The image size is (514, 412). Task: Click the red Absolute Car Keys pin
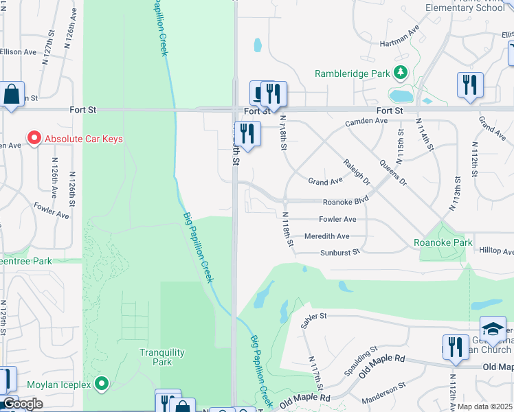click(34, 139)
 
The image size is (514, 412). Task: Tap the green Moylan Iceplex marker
click(102, 384)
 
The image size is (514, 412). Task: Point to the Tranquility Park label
click(162, 357)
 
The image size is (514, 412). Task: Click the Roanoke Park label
click(443, 242)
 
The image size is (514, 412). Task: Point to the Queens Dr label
click(394, 174)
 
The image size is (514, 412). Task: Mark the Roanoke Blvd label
click(346, 202)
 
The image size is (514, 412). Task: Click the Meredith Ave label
click(327, 236)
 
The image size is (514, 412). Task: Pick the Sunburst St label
click(339, 253)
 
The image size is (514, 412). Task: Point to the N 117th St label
click(313, 371)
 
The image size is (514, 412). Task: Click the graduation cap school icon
click(493, 329)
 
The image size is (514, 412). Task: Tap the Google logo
click(22, 404)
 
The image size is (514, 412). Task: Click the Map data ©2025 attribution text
click(485, 407)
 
